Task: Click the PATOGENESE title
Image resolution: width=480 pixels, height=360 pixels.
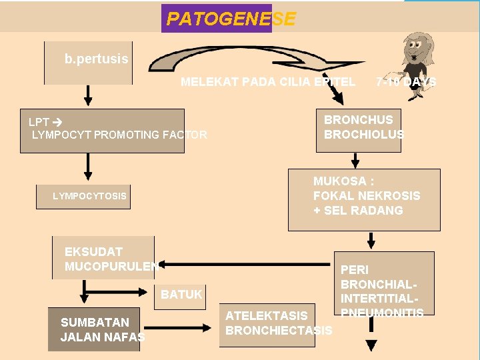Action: click(230, 19)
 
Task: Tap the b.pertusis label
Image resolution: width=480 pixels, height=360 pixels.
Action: click(96, 59)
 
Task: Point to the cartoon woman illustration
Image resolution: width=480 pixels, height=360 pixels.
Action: click(415, 56)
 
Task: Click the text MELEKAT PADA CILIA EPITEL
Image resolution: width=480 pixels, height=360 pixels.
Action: click(268, 82)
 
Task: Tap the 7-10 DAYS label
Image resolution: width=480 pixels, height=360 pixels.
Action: click(405, 82)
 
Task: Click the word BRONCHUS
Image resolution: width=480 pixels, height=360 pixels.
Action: click(358, 120)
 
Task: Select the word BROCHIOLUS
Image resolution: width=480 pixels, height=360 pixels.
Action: click(363, 135)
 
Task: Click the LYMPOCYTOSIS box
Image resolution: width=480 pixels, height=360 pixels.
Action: click(90, 197)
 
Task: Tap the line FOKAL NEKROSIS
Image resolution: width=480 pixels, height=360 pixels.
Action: click(367, 196)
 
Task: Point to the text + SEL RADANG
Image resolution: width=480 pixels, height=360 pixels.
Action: click(358, 211)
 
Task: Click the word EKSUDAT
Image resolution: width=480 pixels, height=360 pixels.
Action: click(93, 252)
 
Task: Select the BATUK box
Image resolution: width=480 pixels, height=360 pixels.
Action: click(181, 294)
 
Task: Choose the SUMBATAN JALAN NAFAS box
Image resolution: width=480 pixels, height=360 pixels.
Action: click(94, 329)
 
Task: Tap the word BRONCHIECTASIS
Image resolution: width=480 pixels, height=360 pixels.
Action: click(279, 331)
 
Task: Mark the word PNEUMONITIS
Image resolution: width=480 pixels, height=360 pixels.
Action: click(382, 313)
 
